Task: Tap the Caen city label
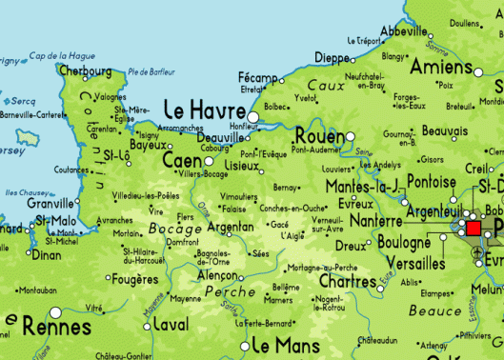[x=182, y=162]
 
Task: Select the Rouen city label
[x=319, y=135]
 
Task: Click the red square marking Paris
[x=474, y=229]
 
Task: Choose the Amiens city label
[x=442, y=67]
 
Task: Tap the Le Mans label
[x=286, y=344]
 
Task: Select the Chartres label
[x=347, y=281]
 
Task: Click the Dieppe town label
[x=333, y=58]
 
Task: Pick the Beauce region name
[x=435, y=310]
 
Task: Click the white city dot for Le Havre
[x=252, y=117]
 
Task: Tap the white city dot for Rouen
[x=350, y=136]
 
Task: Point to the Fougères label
[x=133, y=279]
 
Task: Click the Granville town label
[x=50, y=203]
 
